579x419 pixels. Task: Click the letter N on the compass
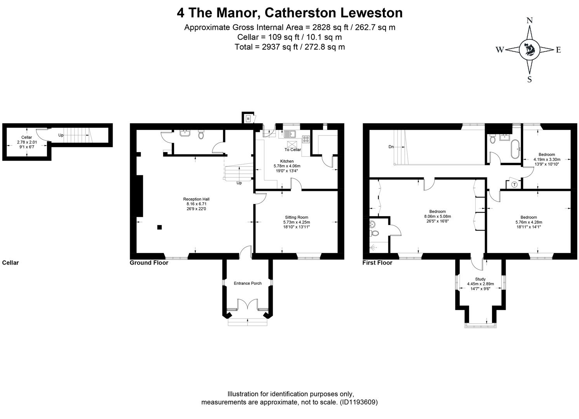point(529,21)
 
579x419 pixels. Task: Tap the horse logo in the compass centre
point(529,50)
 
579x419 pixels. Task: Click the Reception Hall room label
point(196,199)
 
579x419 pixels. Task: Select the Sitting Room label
point(296,217)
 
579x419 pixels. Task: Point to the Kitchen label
point(287,161)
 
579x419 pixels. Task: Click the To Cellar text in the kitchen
point(292,150)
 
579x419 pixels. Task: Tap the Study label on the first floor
point(480,279)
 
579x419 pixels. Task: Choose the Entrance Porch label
point(247,283)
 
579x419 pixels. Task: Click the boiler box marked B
point(248,118)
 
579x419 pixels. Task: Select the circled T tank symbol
point(514,185)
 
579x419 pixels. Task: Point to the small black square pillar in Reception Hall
point(159,227)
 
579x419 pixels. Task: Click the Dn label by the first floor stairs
point(391,147)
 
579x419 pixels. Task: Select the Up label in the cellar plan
point(61,135)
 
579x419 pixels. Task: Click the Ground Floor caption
point(149,263)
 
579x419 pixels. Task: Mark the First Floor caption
point(377,263)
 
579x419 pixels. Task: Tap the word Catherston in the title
point(300,13)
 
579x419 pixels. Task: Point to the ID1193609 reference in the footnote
point(358,402)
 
